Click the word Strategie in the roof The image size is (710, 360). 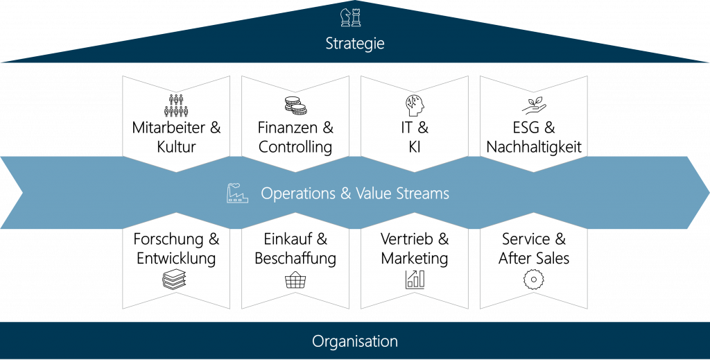[355, 44]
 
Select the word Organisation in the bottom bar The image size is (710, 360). [355, 341]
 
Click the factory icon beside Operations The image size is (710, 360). [237, 194]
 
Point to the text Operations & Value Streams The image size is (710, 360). [354, 194]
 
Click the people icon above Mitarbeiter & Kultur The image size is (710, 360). [176, 105]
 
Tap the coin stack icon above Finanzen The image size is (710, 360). [295, 105]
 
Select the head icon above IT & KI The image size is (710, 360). [414, 105]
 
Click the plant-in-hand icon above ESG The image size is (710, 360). [533, 105]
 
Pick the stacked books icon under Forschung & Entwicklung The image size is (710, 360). [176, 280]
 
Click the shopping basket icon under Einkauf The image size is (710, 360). [295, 281]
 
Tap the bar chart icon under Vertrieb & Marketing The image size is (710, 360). [414, 280]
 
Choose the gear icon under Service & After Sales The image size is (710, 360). [533, 280]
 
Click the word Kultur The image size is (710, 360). [176, 147]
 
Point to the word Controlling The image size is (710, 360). [295, 147]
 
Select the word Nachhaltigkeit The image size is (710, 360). [533, 147]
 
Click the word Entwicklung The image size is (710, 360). [176, 259]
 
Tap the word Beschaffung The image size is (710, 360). [295, 259]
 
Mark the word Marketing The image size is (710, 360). [414, 259]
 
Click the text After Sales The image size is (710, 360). [533, 259]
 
